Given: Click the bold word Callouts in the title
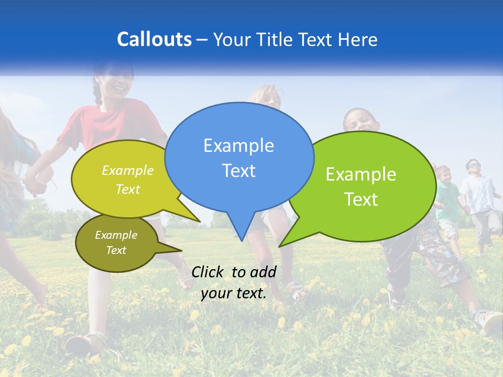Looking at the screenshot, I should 154,39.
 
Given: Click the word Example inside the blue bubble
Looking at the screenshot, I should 238,146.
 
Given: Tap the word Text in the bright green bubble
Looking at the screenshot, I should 361,199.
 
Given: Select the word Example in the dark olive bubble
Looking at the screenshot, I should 116,235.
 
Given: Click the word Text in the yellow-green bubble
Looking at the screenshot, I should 128,190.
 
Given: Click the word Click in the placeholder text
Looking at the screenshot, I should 209,271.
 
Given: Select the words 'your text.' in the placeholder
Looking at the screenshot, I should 234,293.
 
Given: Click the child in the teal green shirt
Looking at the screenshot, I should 446,199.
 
